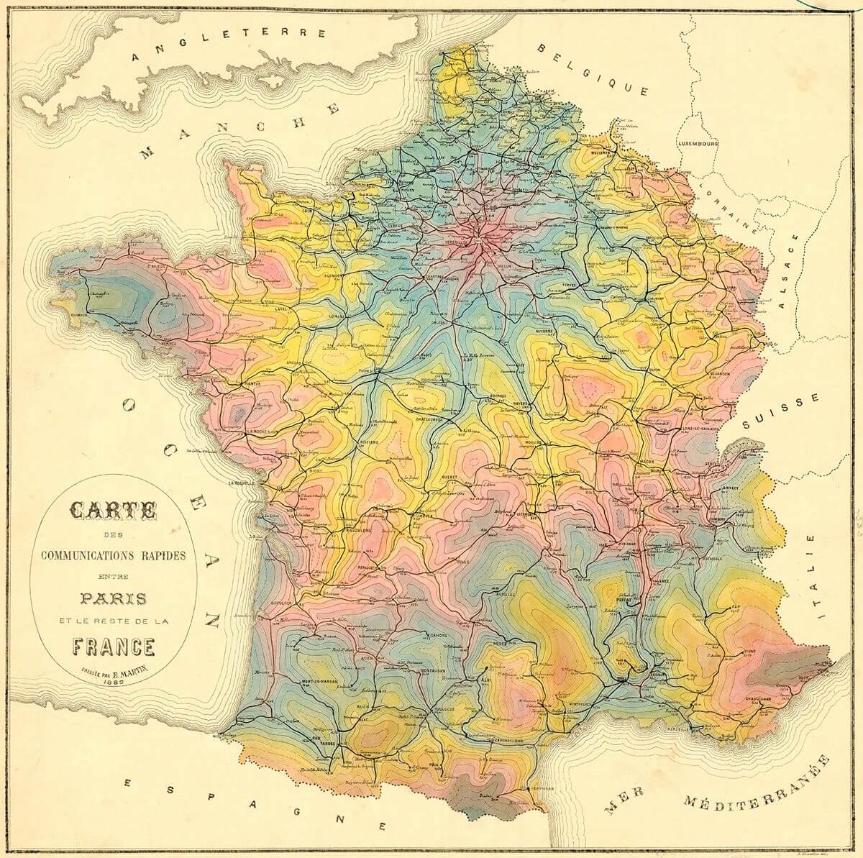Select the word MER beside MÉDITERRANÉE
(622, 808)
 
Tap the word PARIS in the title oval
(114, 598)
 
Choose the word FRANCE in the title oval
(113, 647)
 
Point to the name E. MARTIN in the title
(124, 674)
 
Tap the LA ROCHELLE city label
(243, 483)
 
